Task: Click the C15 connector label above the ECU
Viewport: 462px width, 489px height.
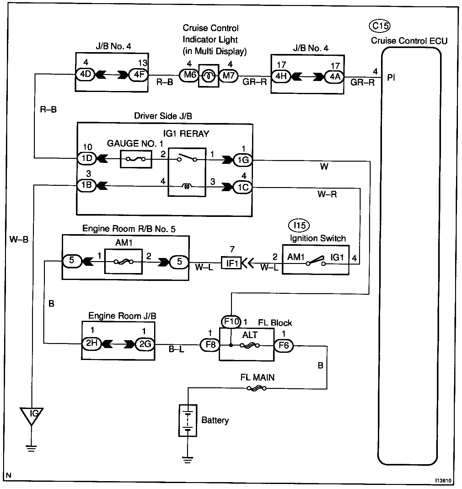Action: tap(380, 26)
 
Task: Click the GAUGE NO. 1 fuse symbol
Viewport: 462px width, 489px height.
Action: tap(136, 159)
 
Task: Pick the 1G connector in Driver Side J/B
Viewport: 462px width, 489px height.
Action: tap(243, 160)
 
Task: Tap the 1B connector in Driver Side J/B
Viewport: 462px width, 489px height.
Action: tap(86, 185)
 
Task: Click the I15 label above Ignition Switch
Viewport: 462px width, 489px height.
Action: tap(299, 225)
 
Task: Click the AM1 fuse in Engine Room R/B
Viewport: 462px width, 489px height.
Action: tap(123, 261)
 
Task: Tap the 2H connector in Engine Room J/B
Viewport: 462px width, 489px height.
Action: tap(91, 344)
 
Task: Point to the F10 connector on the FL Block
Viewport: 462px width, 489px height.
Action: tap(231, 322)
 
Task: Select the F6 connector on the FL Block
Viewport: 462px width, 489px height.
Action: tap(284, 346)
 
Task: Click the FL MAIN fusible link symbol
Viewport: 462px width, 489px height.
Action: tap(256, 389)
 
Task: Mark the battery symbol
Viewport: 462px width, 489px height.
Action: tap(188, 420)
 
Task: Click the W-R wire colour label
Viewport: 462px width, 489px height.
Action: tap(327, 194)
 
